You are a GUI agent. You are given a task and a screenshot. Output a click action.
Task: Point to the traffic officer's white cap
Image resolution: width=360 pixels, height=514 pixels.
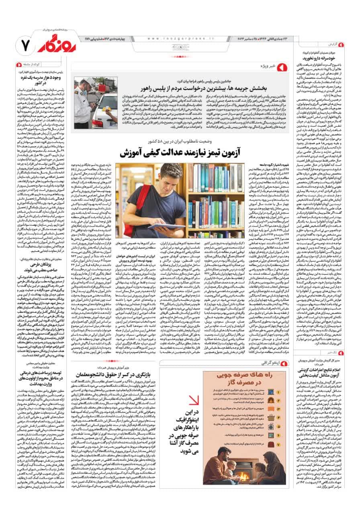89,82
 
